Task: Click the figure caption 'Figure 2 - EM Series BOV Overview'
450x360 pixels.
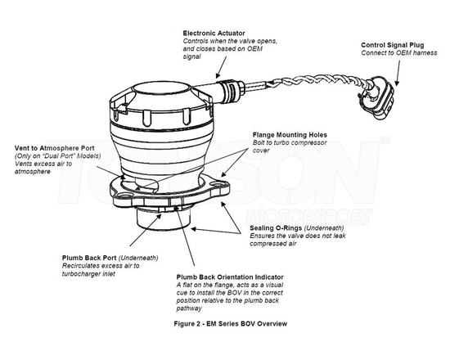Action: (x=225, y=323)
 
